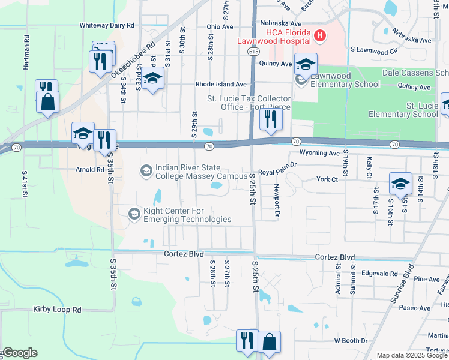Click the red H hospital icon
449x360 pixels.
click(x=320, y=36)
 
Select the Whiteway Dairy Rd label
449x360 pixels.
click(x=107, y=26)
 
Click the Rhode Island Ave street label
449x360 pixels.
click(x=221, y=85)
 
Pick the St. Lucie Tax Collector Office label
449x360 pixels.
click(x=249, y=103)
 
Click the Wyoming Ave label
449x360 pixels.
click(x=319, y=153)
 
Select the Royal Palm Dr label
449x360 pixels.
click(x=278, y=172)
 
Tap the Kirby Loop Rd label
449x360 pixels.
click(x=56, y=310)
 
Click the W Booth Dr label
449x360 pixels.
click(x=351, y=341)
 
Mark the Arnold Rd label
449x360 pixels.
click(x=90, y=170)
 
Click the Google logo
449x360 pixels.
click(x=19, y=353)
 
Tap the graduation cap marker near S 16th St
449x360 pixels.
click(x=400, y=183)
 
